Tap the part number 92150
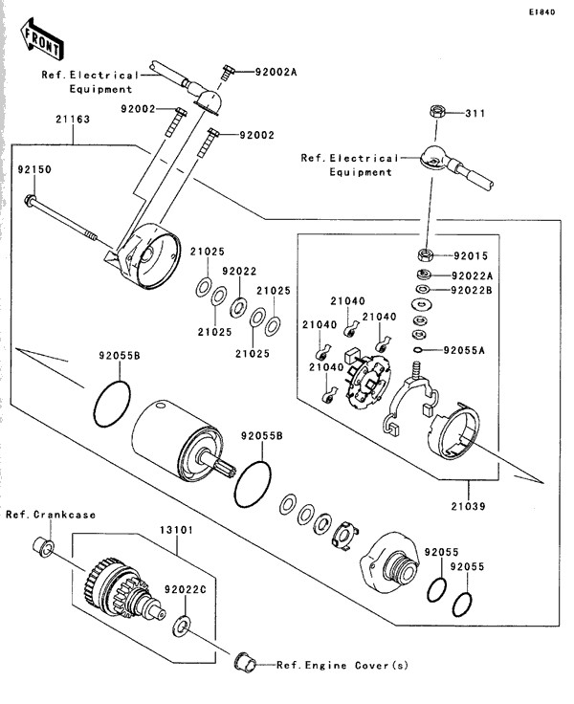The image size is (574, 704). click(x=33, y=169)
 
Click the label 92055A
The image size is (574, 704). click(x=466, y=350)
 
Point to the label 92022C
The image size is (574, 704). click(x=185, y=590)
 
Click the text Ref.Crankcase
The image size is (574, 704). click(x=51, y=515)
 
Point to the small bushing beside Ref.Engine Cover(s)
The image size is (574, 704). click(x=243, y=659)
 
